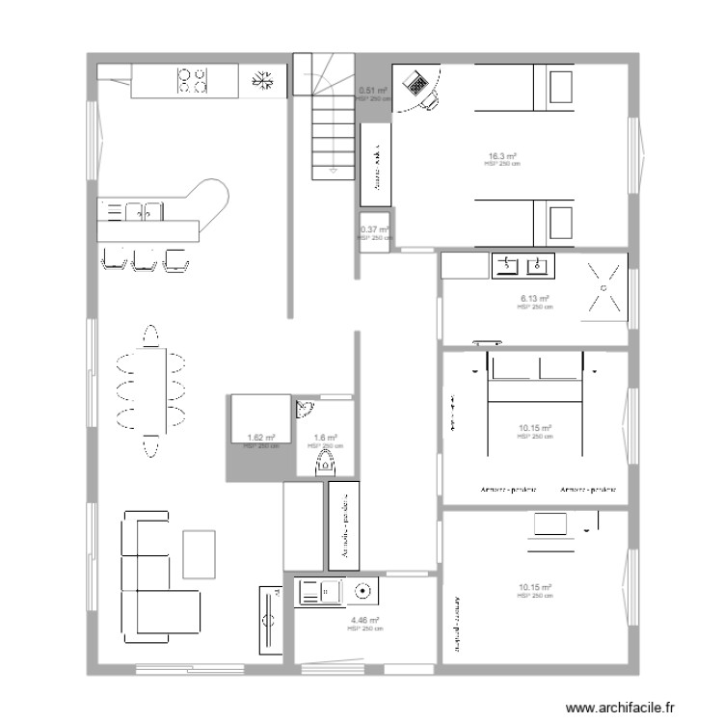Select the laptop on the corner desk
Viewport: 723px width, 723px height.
418,85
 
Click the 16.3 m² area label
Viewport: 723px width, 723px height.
502,156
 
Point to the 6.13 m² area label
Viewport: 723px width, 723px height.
534,299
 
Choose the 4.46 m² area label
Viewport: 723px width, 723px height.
365,621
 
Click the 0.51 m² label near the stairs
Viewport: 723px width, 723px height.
373,91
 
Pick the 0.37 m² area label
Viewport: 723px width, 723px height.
374,229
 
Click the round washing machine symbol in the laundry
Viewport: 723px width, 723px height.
363,591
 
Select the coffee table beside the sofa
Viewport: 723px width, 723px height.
200,554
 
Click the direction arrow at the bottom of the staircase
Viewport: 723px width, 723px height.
332,170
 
